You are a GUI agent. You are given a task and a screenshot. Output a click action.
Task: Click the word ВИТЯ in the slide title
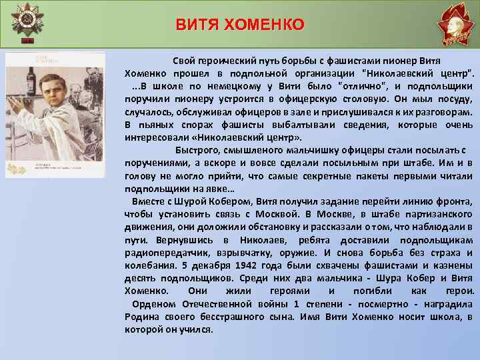(197, 25)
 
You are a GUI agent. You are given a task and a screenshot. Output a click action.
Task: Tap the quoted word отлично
(360, 85)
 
